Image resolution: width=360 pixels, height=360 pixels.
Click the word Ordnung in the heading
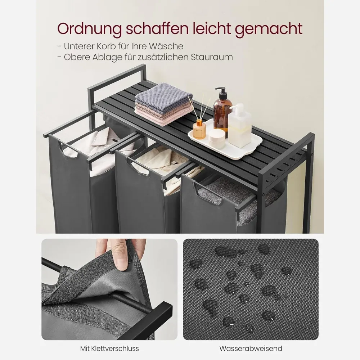pos(89,29)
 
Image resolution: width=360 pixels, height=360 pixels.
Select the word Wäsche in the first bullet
pos(166,46)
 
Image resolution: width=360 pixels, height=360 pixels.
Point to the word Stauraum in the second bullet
pos(212,57)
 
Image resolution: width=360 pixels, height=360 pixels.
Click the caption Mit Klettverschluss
pos(109,348)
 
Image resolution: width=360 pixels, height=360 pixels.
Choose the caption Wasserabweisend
pos(251,348)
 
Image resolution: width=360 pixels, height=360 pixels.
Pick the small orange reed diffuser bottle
pos(199,130)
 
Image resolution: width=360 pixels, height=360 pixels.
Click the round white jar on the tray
pos(217,139)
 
